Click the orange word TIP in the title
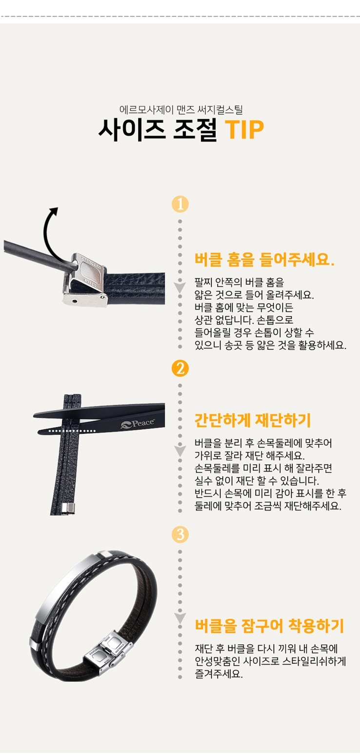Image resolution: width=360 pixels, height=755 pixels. (x=244, y=129)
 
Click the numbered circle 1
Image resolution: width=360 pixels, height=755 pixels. (x=180, y=204)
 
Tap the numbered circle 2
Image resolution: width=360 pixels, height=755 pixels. (x=180, y=368)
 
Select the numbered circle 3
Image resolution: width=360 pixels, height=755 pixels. (x=180, y=534)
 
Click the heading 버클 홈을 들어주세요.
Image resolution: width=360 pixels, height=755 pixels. (x=264, y=260)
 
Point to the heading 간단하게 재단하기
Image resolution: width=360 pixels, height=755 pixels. (x=253, y=420)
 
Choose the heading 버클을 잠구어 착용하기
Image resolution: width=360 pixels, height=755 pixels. (x=269, y=626)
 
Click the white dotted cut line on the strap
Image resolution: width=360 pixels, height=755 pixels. (x=72, y=431)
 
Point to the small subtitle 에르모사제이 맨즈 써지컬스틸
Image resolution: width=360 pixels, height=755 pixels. (x=181, y=109)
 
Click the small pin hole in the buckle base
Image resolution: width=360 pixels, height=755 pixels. (x=75, y=301)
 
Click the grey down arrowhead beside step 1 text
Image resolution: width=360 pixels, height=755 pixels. (x=180, y=287)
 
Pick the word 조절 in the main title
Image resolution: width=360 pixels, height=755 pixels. (x=195, y=130)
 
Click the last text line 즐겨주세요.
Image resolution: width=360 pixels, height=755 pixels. (x=219, y=673)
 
